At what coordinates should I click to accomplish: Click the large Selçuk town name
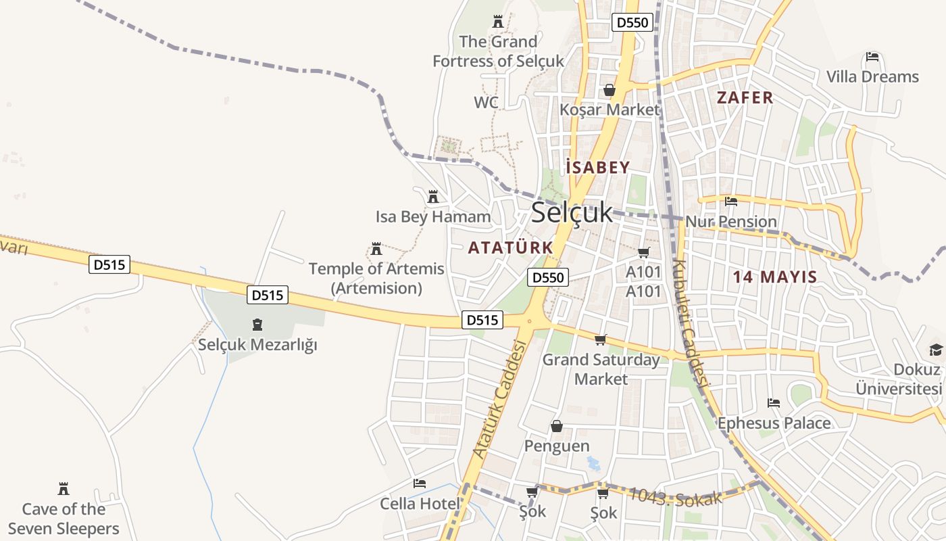point(572,212)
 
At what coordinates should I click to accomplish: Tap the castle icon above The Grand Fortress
point(499,21)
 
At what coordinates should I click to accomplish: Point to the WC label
point(486,103)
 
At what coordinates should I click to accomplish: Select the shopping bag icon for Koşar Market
point(609,90)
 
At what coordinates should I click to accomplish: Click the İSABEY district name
point(598,168)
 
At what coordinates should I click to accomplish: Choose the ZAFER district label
point(745,98)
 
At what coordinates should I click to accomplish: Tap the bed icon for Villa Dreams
point(872,56)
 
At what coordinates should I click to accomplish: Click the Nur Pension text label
point(731,222)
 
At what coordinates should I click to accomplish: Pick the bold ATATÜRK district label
point(511,248)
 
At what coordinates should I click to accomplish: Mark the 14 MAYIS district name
point(775,277)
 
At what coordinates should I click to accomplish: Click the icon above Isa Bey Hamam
point(433,197)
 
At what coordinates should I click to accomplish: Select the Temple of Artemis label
point(376,278)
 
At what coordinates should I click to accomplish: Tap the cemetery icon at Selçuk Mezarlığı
point(257,325)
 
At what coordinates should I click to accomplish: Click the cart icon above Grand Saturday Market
point(601,339)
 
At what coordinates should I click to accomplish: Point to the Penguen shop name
point(557,446)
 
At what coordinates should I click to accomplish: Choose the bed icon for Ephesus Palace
point(774,403)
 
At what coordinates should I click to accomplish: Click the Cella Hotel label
point(420,504)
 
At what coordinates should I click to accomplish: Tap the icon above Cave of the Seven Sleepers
point(64,489)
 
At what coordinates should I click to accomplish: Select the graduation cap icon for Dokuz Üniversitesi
point(936,350)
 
